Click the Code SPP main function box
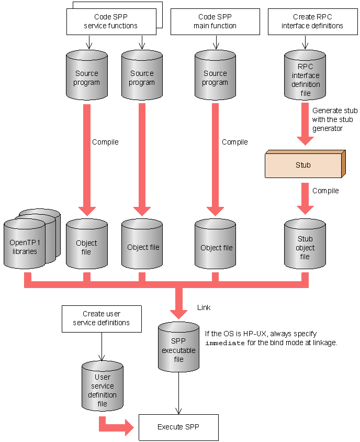point(215,21)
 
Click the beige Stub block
point(303,164)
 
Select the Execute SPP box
point(178,427)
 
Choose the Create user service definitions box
point(102,318)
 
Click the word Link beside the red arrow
point(204,307)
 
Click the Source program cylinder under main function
point(215,78)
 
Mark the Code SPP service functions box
point(111,21)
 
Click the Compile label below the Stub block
point(325,191)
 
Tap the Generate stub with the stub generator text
point(335,119)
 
